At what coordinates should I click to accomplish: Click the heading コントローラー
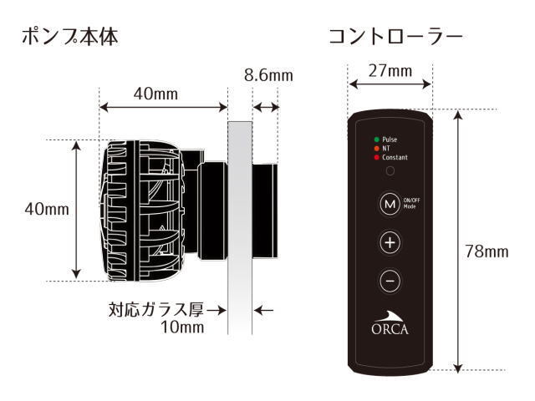pyautogui.click(x=395, y=38)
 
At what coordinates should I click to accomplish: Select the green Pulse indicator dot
pyautogui.click(x=377, y=139)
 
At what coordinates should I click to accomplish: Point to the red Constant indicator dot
pyautogui.click(x=377, y=157)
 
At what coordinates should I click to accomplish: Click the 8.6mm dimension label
pyautogui.click(x=268, y=76)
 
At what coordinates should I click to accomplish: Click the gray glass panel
pyautogui.click(x=240, y=226)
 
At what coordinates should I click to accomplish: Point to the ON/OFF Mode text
pyautogui.click(x=413, y=203)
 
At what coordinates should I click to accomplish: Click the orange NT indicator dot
pyautogui.click(x=377, y=148)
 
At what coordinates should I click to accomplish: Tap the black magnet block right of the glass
pyautogui.click(x=266, y=209)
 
